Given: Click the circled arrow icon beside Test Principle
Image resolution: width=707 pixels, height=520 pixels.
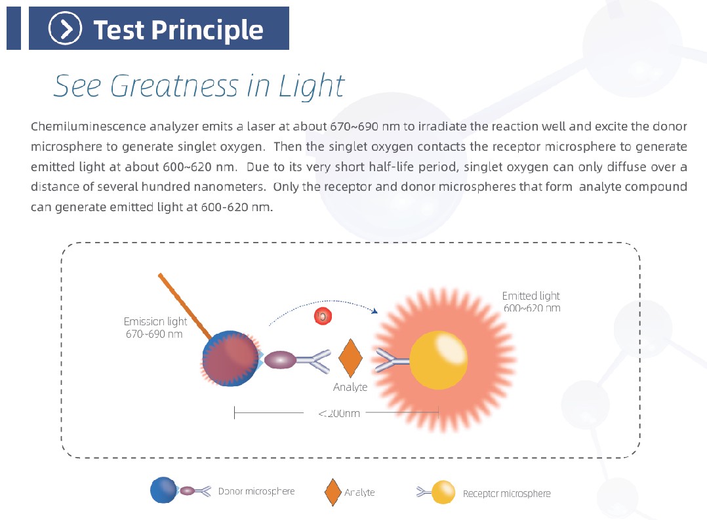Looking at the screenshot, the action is click(66, 28).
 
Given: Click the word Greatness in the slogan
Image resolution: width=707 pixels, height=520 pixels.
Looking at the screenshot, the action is click(174, 86).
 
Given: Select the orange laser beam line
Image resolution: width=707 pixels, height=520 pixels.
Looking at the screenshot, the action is click(184, 306).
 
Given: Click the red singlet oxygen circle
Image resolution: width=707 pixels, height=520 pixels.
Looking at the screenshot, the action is click(323, 315).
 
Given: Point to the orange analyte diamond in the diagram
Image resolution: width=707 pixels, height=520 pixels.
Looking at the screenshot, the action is click(350, 358).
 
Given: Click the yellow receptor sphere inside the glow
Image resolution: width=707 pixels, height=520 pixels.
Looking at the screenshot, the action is click(438, 360).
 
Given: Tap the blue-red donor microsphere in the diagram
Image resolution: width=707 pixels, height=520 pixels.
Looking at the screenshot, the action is click(230, 359).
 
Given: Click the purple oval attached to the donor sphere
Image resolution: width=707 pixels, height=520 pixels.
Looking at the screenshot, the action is click(280, 360).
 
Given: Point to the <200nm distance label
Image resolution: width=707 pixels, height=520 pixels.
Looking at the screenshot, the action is click(339, 413).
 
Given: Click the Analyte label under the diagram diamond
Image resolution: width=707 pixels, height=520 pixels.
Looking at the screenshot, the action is click(350, 387).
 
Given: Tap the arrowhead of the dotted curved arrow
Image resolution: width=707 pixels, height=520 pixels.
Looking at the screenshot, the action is click(374, 310).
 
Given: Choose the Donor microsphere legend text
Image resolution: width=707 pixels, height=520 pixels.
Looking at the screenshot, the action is click(256, 491).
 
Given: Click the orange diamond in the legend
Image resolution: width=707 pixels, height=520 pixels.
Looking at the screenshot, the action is click(333, 492).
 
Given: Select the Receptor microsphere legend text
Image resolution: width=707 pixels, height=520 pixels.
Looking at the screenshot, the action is click(507, 493).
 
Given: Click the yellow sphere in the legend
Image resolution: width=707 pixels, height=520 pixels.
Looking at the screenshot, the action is click(443, 492).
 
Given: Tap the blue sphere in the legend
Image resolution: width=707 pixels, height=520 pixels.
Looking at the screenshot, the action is click(164, 490).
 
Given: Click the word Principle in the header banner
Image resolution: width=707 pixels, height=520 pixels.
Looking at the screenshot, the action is click(207, 30).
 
